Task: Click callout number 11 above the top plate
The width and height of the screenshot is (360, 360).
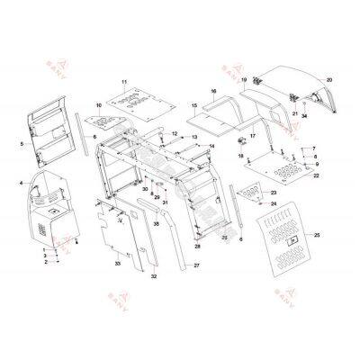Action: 124,83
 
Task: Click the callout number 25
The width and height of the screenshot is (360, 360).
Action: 317,236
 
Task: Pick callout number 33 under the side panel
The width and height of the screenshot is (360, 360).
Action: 117,264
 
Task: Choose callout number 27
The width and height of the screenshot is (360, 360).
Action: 196,267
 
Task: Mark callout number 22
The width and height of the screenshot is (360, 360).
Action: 316,176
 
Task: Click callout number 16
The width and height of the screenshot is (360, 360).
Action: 213,93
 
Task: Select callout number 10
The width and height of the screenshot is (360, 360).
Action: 99,106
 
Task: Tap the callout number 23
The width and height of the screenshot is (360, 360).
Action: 274,193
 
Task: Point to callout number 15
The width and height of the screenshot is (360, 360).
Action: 193,106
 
